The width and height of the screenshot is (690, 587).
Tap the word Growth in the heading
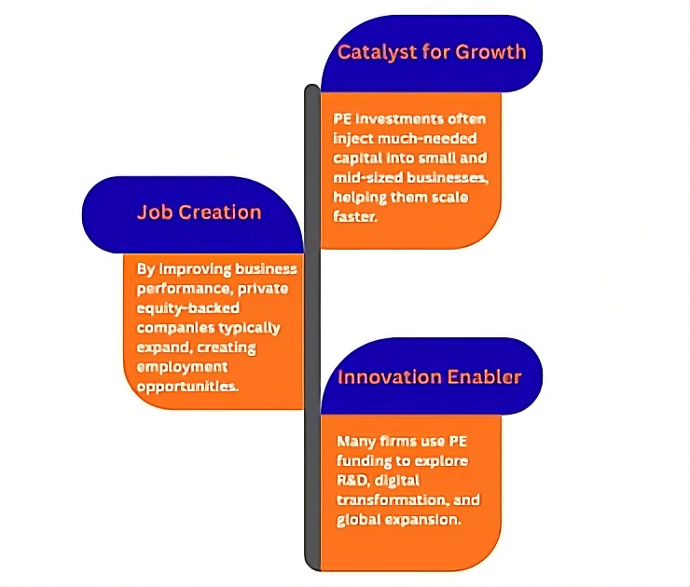tap(490, 52)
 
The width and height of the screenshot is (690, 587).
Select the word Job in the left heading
tap(153, 212)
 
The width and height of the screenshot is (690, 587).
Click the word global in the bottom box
tap(356, 520)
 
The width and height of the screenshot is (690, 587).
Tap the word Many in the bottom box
tap(354, 442)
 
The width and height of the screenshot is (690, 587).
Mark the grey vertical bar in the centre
tap(312, 326)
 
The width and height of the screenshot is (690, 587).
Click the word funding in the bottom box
tap(363, 461)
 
